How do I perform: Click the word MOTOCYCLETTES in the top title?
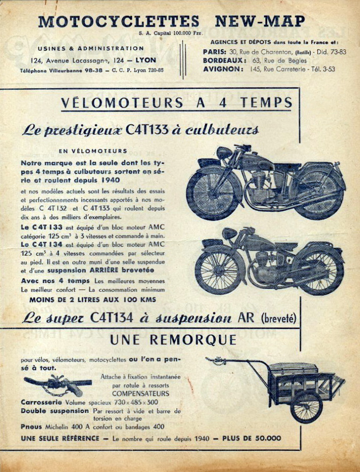tap(119, 22)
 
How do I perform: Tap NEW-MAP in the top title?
tap(260, 22)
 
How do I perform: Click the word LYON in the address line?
tap(146, 60)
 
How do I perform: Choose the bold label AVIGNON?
tap(223, 69)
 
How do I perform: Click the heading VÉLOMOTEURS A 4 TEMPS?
tap(177, 103)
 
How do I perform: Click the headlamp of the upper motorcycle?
tap(224, 153)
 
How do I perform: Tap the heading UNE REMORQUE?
tap(173, 340)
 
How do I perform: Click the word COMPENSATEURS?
tap(140, 393)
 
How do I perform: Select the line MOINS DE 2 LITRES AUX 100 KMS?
tap(93, 299)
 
